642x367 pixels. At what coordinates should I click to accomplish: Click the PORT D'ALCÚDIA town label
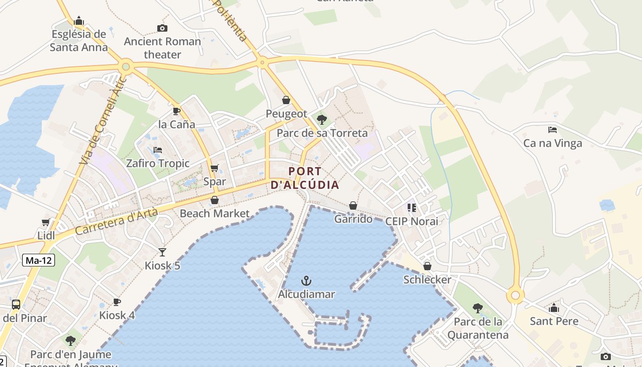(305, 178)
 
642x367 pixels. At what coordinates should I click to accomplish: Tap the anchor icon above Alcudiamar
(306, 280)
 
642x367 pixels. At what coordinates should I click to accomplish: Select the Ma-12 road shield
(39, 261)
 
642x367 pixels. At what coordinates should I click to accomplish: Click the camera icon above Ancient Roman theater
(162, 28)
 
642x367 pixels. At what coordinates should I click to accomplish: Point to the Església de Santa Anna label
(79, 40)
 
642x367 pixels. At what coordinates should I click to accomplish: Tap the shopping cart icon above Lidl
(45, 222)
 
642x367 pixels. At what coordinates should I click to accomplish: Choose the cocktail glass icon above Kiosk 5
(162, 252)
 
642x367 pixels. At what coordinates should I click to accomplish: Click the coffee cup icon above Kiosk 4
(117, 302)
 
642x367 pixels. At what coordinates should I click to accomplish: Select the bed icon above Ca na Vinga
(553, 130)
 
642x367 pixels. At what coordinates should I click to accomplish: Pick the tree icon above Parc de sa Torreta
(322, 120)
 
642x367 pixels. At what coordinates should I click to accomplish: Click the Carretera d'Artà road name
(116, 222)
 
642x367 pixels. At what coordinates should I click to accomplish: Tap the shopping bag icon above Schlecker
(427, 266)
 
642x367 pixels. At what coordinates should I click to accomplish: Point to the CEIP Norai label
(411, 221)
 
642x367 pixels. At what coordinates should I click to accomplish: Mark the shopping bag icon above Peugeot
(286, 100)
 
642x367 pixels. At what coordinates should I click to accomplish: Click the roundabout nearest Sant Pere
(515, 296)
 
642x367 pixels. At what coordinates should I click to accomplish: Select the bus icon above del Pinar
(16, 304)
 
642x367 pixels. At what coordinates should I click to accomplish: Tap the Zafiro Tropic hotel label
(158, 163)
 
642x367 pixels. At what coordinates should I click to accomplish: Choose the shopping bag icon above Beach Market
(214, 200)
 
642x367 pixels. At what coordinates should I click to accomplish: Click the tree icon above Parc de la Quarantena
(477, 308)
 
